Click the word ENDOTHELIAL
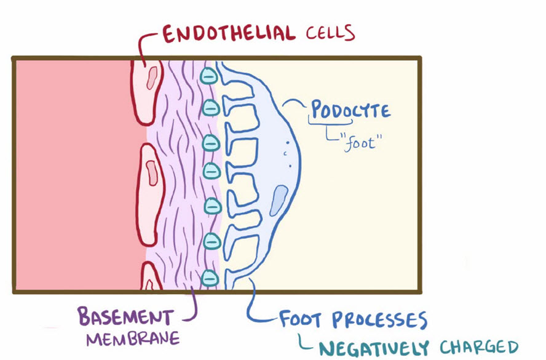click(x=229, y=34)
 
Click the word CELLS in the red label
click(x=330, y=33)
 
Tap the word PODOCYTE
click(x=350, y=109)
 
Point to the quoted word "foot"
click(x=361, y=142)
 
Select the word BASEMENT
click(x=125, y=316)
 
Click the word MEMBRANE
click(x=133, y=338)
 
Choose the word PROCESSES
click(x=379, y=319)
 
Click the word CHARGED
click(x=479, y=347)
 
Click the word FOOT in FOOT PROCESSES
click(x=300, y=319)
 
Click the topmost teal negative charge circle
click(x=208, y=75)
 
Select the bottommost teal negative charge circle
click(x=210, y=278)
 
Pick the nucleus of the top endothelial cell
click(x=152, y=78)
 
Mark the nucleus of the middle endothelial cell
click(x=152, y=173)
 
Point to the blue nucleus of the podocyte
click(x=279, y=201)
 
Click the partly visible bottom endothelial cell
click(x=151, y=277)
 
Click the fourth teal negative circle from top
click(x=212, y=170)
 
